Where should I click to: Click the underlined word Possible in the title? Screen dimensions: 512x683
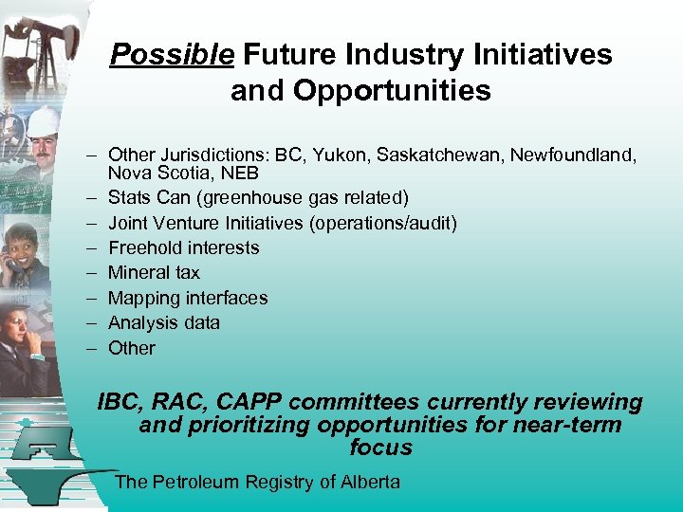pyautogui.click(x=172, y=56)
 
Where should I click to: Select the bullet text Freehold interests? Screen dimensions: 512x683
pyautogui.click(x=183, y=247)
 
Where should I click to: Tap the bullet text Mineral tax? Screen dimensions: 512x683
pyautogui.click(x=154, y=273)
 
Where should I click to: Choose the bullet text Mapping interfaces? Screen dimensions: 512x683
pyautogui.click(x=188, y=298)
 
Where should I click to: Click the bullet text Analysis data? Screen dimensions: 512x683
pyautogui.click(x=164, y=322)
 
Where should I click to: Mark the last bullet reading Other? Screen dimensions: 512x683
pyautogui.click(x=132, y=348)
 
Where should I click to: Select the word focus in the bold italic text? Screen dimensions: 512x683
pyautogui.click(x=380, y=448)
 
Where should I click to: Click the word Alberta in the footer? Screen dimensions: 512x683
pyautogui.click(x=370, y=482)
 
